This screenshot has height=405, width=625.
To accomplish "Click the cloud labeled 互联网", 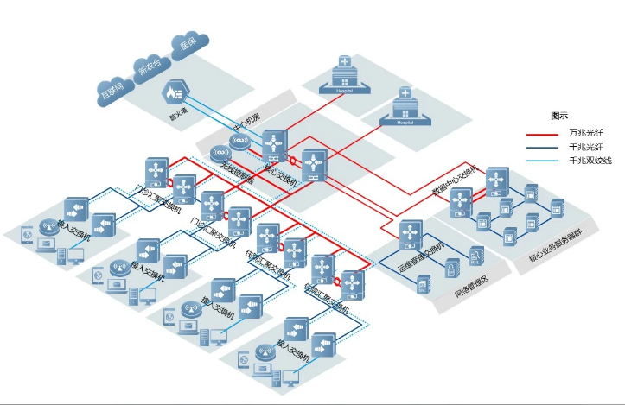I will pyautogui.click(x=112, y=88).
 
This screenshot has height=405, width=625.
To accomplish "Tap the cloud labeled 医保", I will pyautogui.click(x=188, y=43).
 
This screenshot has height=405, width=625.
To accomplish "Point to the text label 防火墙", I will pyautogui.click(x=178, y=112).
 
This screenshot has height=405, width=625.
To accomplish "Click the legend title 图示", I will pyautogui.click(x=559, y=115).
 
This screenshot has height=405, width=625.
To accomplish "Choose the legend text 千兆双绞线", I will pyautogui.click(x=590, y=161).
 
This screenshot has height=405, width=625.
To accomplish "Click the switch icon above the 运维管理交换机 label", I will pyautogui.click(x=411, y=231).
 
